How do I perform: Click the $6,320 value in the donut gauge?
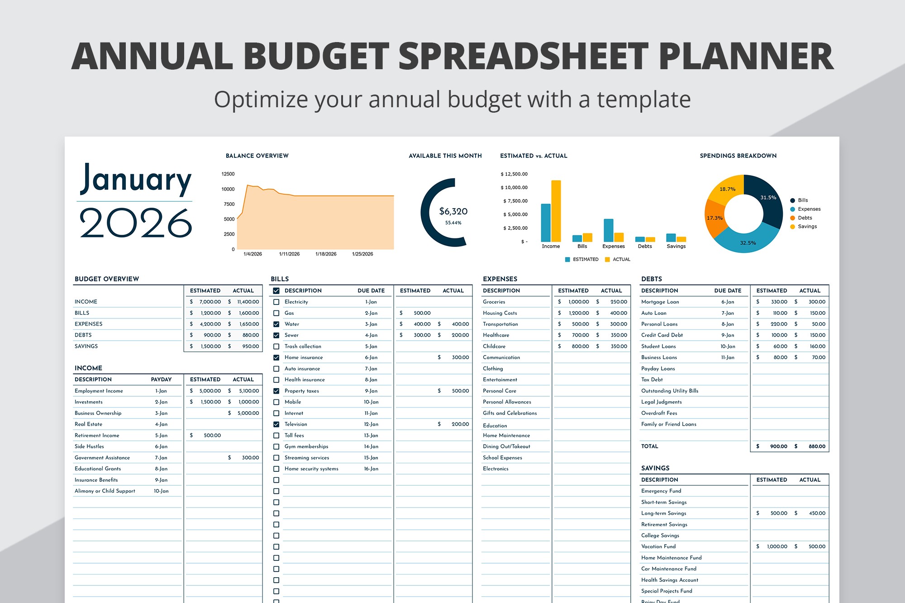click(453, 211)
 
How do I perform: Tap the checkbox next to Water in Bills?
click(276, 324)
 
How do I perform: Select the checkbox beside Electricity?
click(276, 302)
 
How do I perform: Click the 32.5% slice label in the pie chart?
click(748, 243)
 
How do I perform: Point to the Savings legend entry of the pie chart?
click(807, 227)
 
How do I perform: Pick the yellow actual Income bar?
click(556, 211)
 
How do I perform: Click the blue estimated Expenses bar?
click(608, 230)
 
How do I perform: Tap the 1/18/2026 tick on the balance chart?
click(326, 254)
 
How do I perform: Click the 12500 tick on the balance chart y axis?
click(228, 174)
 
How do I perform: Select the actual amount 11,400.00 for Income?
click(248, 302)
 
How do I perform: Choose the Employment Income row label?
click(99, 391)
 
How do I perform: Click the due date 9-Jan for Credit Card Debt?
click(728, 335)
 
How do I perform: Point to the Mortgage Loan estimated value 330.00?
click(779, 302)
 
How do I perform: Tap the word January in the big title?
click(136, 180)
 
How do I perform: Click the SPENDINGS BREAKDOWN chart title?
click(738, 156)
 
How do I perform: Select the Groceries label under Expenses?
click(494, 302)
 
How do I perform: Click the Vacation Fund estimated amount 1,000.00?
click(777, 546)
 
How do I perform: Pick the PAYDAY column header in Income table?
click(161, 380)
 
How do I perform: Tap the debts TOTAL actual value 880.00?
click(817, 446)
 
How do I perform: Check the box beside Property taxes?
click(276, 391)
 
